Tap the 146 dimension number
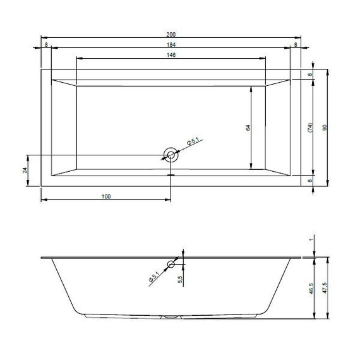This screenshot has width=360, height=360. coord(171,55)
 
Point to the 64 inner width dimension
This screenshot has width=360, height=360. coord(248,128)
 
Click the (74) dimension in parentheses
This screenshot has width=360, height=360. coord(311,127)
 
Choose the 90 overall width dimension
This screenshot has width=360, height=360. coord(325,127)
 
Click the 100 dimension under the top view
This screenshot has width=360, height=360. coord(105,196)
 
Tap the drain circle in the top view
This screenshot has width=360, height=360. coord(171,155)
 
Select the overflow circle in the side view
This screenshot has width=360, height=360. coord(171,265)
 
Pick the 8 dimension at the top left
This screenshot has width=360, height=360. coord(45,45)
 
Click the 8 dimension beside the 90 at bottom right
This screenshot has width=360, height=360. coord(310,180)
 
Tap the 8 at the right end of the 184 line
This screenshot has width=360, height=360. coord(296,45)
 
